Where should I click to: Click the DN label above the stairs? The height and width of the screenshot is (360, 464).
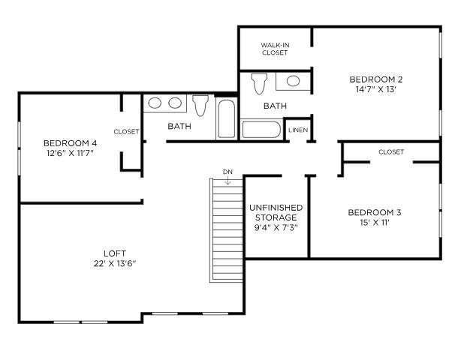(227, 172)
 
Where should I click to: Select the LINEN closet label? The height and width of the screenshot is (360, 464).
(297, 130)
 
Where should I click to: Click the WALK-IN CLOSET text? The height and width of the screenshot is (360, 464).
(275, 49)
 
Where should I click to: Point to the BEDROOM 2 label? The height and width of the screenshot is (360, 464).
(376, 79)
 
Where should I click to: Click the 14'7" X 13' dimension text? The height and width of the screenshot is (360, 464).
(376, 89)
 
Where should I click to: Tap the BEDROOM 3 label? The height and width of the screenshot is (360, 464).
(374, 212)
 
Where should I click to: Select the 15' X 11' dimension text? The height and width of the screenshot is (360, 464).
(374, 223)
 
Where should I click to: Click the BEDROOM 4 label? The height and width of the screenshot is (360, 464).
(70, 143)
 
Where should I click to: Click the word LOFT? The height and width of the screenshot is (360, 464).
(115, 253)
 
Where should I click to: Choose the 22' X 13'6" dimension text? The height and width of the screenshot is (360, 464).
(115, 263)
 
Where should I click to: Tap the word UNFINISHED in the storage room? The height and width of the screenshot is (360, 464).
(276, 207)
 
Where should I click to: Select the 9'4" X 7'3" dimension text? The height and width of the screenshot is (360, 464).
(276, 228)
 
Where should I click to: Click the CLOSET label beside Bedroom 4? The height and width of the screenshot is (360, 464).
(126, 131)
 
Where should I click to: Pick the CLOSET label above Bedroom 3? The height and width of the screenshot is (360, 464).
(391, 151)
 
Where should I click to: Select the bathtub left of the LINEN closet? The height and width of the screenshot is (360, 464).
(261, 130)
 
